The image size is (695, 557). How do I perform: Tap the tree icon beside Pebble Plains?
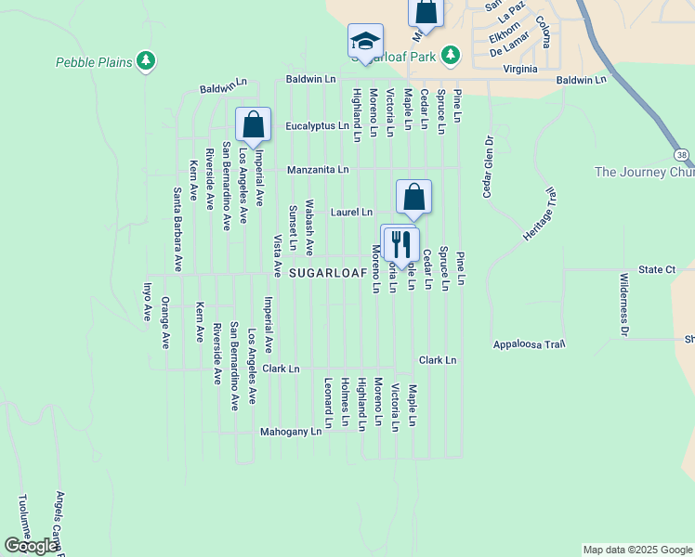click(145, 62)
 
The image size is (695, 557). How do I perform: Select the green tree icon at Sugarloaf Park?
click(450, 56)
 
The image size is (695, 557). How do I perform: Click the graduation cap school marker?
click(366, 42)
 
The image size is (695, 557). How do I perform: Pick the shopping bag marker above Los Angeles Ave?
click(253, 125)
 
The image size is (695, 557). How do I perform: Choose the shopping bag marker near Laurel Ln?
click(414, 197)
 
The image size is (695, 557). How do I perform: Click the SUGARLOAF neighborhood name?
click(327, 273)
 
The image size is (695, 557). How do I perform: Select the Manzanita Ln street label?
click(317, 170)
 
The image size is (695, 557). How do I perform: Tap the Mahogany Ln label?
click(290, 432)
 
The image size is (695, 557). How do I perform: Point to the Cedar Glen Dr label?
click(486, 166)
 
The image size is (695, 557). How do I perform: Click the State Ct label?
click(657, 269)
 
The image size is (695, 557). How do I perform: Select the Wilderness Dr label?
click(624, 304)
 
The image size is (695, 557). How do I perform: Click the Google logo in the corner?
click(31, 546)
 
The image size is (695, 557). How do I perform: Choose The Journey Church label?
click(644, 172)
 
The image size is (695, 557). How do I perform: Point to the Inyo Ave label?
click(147, 303)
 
